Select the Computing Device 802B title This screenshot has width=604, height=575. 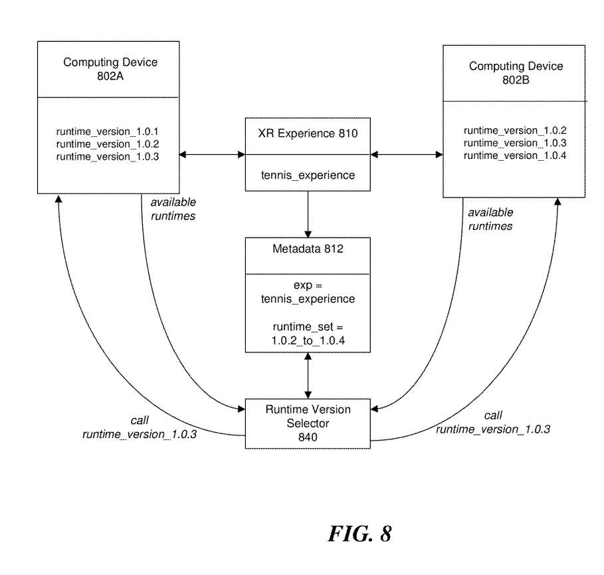516,72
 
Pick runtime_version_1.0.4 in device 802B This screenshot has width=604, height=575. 515,155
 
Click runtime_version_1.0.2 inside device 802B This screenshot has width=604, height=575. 515,130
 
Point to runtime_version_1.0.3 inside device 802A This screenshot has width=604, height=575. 108,156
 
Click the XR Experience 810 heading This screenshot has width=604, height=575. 308,134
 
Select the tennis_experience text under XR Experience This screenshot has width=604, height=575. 308,175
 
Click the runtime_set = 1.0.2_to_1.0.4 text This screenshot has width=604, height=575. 308,333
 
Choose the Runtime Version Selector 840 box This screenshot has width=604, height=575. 308,423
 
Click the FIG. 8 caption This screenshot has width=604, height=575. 359,534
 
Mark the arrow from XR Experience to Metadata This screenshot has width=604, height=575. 308,214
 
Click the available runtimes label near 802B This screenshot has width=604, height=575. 490,219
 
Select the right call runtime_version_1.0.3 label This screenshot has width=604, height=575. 492,422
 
